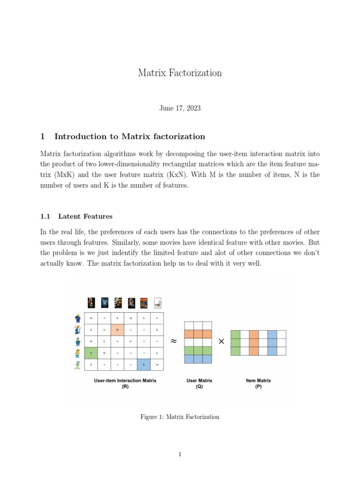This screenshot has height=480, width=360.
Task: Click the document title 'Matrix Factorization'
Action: coord(180,73)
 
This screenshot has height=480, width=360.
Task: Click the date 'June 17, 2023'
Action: coord(180,108)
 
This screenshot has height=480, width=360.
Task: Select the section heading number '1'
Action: coord(43,137)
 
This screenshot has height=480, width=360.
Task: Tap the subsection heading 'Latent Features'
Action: coord(85,216)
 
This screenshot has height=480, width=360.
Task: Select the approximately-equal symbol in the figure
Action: coord(173,341)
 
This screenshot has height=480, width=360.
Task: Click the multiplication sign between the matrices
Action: coord(221,342)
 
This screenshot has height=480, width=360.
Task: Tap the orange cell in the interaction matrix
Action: coord(117,330)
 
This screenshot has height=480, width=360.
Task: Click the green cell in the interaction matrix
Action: coord(90,353)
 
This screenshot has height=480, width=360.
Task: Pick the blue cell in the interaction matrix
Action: coord(143,365)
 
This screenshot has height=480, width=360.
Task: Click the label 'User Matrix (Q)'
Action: coord(199,384)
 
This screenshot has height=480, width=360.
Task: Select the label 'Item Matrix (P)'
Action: coord(258,384)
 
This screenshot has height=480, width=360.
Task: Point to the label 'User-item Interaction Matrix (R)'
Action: coord(125,384)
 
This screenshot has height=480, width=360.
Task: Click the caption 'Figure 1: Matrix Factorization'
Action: coord(180,417)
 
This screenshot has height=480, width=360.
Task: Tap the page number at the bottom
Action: coord(180,454)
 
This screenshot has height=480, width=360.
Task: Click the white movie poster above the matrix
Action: coord(157,303)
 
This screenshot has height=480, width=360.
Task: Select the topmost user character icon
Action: coord(77,318)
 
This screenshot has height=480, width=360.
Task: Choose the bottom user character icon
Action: coord(77,365)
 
